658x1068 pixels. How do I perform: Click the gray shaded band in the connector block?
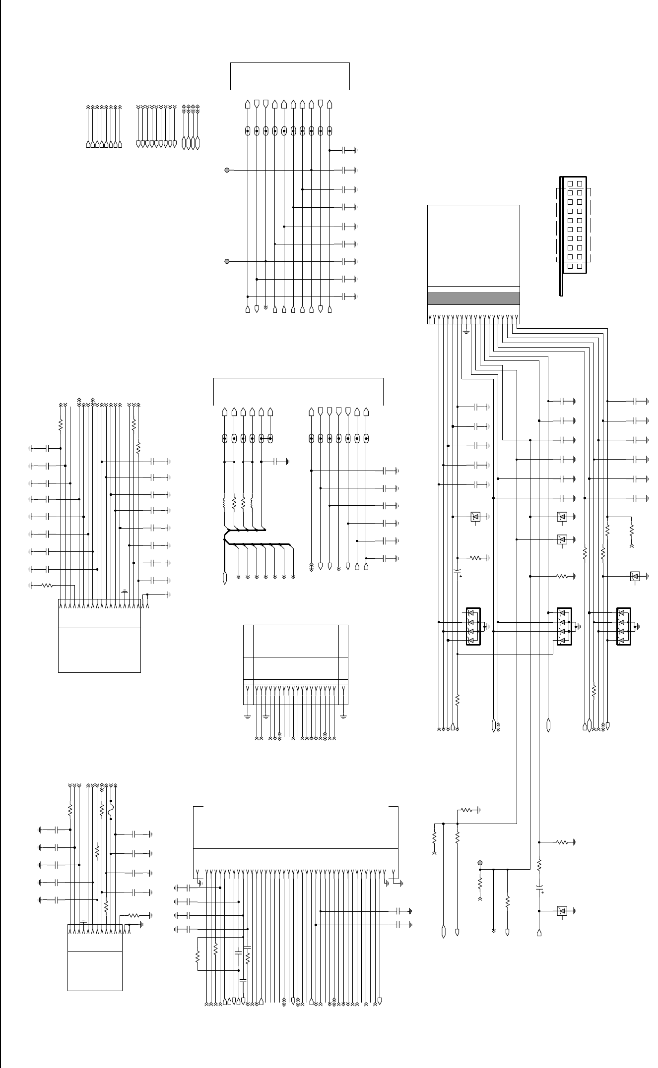click(473, 298)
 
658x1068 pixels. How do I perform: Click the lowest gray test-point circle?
click(480, 862)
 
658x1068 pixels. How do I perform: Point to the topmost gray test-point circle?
click(227, 170)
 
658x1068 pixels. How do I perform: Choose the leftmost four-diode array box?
click(473, 627)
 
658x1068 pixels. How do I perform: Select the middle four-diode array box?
click(564, 627)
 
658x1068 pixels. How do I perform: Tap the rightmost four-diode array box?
click(623, 627)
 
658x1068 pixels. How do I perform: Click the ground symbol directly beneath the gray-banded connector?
click(466, 331)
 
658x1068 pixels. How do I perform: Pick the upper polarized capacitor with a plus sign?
click(458, 574)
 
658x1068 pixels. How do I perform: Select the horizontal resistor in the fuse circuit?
click(134, 915)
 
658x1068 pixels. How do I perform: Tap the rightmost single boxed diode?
click(634, 576)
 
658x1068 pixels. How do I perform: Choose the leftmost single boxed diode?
click(475, 517)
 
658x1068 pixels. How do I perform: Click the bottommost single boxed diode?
click(562, 911)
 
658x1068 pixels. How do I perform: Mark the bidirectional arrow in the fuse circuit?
click(102, 786)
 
